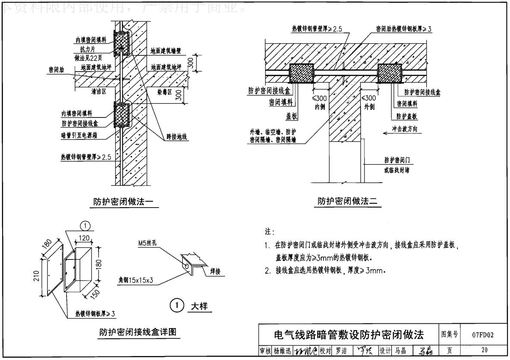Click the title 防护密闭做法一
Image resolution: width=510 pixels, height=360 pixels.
tap(124, 201)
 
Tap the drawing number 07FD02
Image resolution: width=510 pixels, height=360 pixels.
tap(483, 334)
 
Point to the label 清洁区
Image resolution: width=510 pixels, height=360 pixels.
tap(99, 92)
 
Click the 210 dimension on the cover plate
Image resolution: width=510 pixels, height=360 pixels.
tap(38, 276)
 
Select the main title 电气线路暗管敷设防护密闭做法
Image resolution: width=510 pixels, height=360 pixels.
tap(349, 335)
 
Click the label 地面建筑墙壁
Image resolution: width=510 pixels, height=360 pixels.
tap(166, 51)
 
